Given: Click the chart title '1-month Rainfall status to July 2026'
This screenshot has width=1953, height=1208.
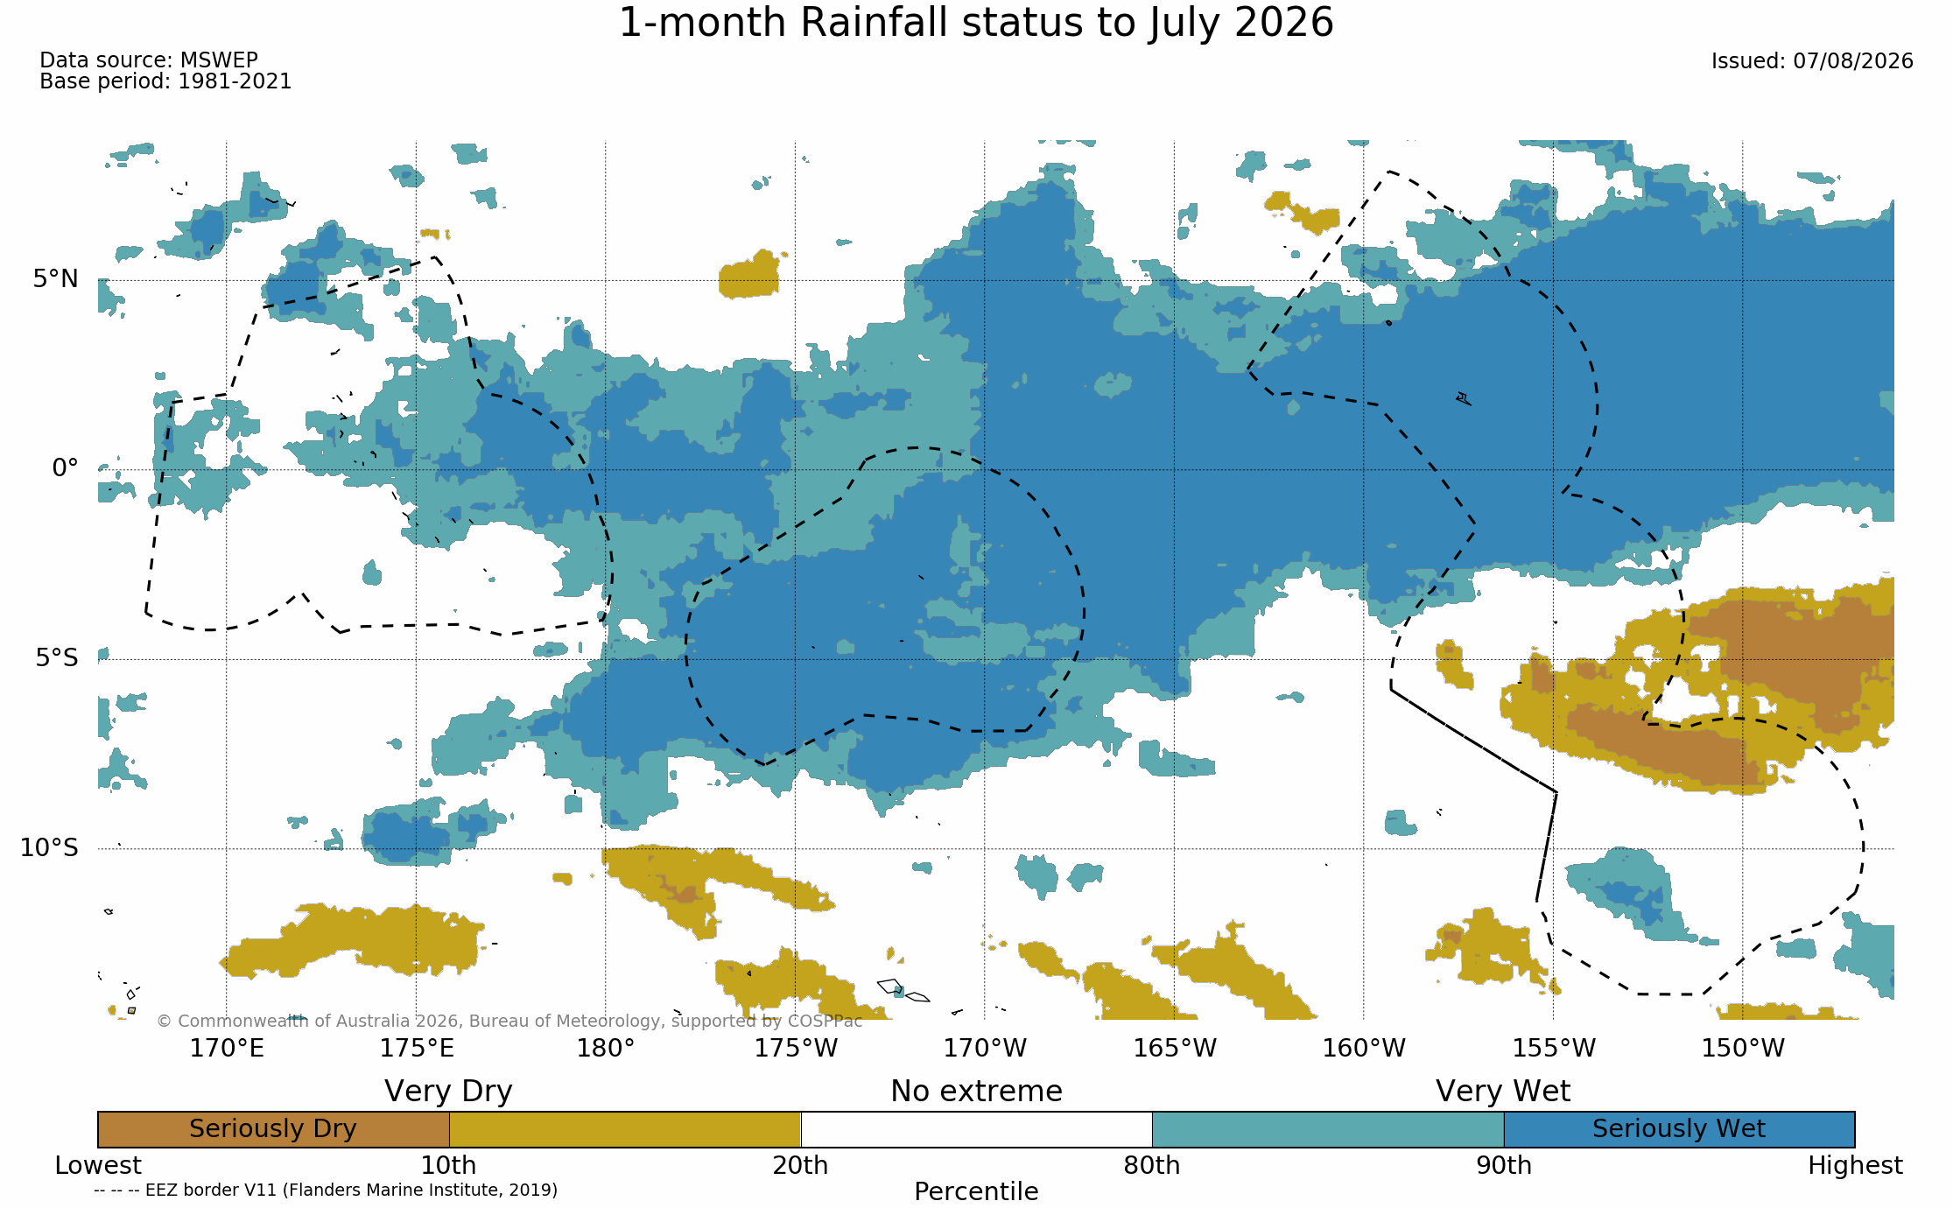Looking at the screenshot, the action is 976,23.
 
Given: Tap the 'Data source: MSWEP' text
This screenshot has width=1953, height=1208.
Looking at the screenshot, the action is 149,60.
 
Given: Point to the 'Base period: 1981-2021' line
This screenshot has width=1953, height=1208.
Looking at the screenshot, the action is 165,81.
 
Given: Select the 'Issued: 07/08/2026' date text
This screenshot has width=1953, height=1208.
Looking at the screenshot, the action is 1812,61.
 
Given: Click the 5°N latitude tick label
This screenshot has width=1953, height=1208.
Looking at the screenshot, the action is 56,279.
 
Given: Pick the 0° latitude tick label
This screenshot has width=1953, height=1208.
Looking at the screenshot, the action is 65,468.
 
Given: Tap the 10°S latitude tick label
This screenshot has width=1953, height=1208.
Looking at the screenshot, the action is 49,847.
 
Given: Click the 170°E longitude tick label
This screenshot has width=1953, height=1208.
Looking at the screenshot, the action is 227,1048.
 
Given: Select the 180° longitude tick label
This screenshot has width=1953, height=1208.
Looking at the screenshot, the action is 605,1048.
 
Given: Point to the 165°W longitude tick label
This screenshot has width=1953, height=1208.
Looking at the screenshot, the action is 1175,1048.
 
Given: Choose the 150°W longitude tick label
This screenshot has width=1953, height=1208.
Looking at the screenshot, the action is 1743,1048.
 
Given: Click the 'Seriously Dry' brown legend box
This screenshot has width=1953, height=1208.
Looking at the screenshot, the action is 273,1129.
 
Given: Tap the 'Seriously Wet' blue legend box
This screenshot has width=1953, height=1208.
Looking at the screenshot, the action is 1679,1129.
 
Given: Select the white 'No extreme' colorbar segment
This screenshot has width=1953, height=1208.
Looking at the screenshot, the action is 976,1129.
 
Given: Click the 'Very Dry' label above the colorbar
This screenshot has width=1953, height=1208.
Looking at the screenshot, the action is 448,1092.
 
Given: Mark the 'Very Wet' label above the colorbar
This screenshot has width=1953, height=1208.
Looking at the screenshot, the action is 1503,1092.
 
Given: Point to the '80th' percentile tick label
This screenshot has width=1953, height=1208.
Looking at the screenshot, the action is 1152,1166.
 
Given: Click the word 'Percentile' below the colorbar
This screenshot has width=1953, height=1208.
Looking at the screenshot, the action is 976,1191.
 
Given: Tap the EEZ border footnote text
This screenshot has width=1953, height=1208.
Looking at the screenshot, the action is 326,1190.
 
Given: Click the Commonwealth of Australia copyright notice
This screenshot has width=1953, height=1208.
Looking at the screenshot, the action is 509,1022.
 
